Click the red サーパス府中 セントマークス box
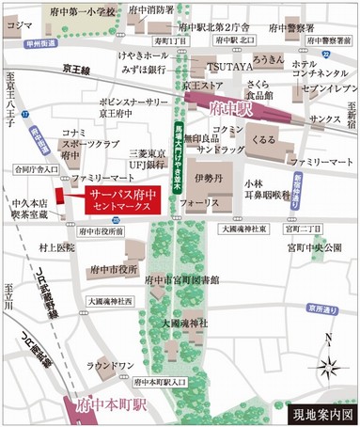(121, 198)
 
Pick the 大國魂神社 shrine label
(182, 323)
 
